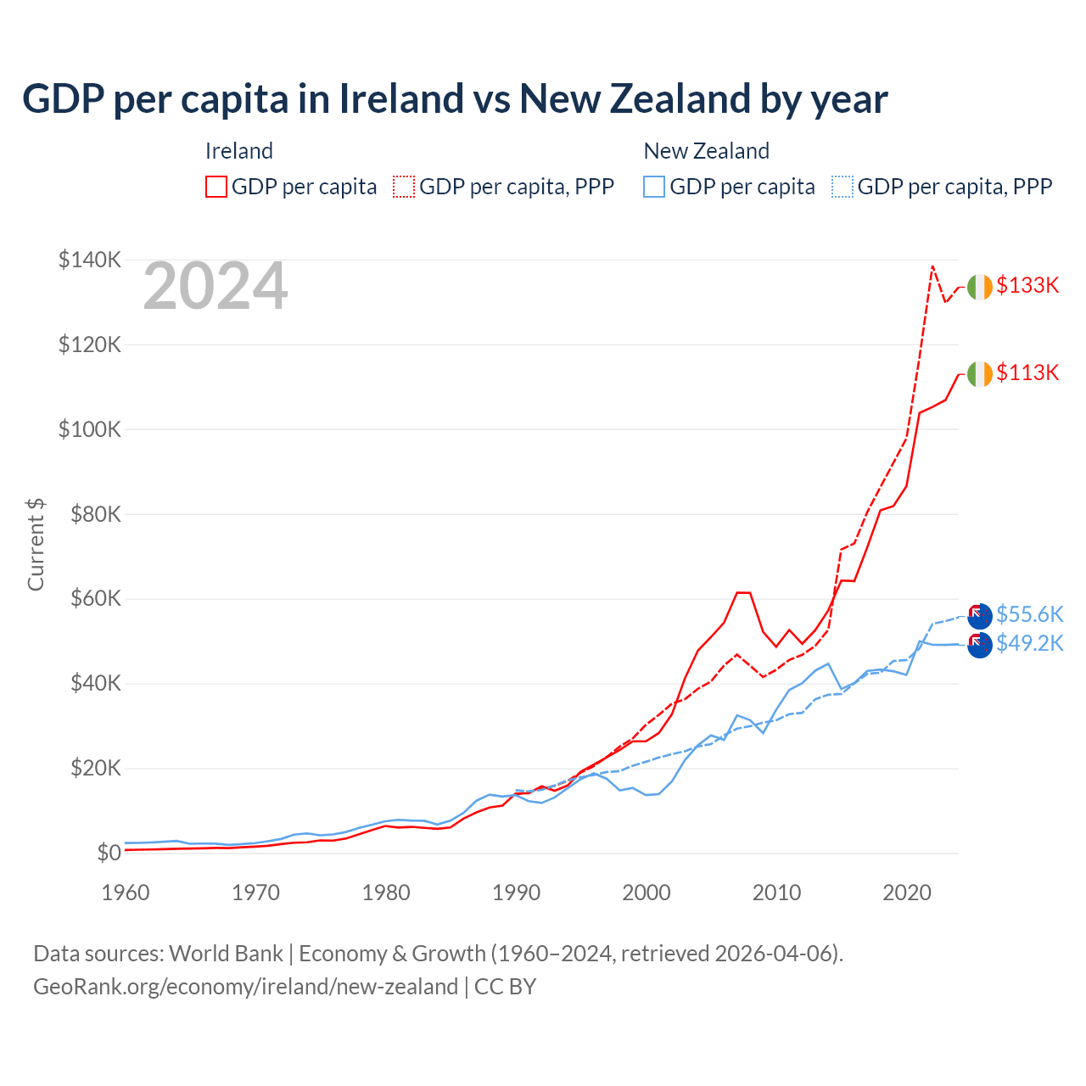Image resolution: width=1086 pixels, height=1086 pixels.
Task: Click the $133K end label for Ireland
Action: coord(1027,285)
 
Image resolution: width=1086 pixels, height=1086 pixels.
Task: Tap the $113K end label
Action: coord(1027,372)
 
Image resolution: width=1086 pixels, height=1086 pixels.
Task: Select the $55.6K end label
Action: coord(1029,614)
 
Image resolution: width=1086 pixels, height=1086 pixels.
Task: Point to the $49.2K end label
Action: coord(1029,643)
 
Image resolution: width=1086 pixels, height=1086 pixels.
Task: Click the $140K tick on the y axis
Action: coord(90,260)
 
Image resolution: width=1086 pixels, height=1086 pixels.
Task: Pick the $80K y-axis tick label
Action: coord(90,514)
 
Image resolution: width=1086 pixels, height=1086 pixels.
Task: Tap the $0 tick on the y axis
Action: coord(109,853)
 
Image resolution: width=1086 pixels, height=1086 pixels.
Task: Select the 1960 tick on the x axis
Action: coord(126,893)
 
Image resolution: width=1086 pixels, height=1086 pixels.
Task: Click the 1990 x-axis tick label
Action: coord(516,893)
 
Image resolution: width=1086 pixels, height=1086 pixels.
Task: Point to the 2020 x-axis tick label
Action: coord(907,893)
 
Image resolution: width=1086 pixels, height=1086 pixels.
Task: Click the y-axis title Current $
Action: coord(36,545)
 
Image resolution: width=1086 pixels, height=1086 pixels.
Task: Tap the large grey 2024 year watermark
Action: coord(216,287)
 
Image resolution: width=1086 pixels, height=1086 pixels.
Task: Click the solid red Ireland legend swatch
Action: coord(216,187)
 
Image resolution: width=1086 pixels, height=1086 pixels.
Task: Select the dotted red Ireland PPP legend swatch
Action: coord(404,187)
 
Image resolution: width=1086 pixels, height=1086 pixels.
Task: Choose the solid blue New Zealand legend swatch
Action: coord(654,187)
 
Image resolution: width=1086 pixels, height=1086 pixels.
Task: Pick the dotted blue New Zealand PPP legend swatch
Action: coord(842,187)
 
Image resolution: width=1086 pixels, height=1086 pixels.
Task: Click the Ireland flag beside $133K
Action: coord(979,288)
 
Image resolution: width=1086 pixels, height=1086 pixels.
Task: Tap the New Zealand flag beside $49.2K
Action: coord(979,645)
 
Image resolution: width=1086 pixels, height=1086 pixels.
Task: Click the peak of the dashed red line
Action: coord(932,266)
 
